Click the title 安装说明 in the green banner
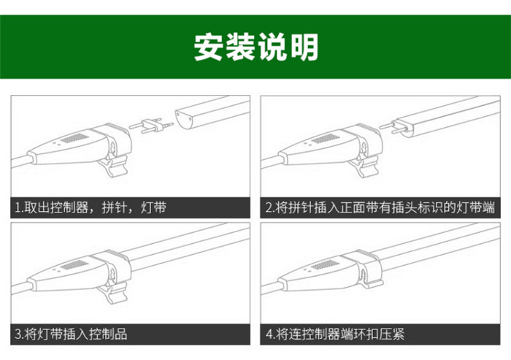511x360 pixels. pos(256,47)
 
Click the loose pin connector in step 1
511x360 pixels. pos(151,125)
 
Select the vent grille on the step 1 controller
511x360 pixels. pos(74,139)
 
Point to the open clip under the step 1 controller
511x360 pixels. pos(114,166)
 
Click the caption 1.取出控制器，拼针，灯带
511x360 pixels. pos(91,207)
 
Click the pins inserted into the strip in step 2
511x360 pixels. pos(392,127)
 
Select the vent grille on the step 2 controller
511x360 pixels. pos(325,139)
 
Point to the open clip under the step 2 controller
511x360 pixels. pos(365,166)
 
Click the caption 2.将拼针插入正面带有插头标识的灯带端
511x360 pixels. pos(380,207)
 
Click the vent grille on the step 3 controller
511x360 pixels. pos(74,265)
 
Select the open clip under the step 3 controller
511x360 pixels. pos(114,292)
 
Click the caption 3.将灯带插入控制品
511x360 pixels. pos(71,334)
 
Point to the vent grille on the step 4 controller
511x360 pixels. pos(325,265)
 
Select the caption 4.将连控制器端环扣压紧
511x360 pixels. pos(335,334)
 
